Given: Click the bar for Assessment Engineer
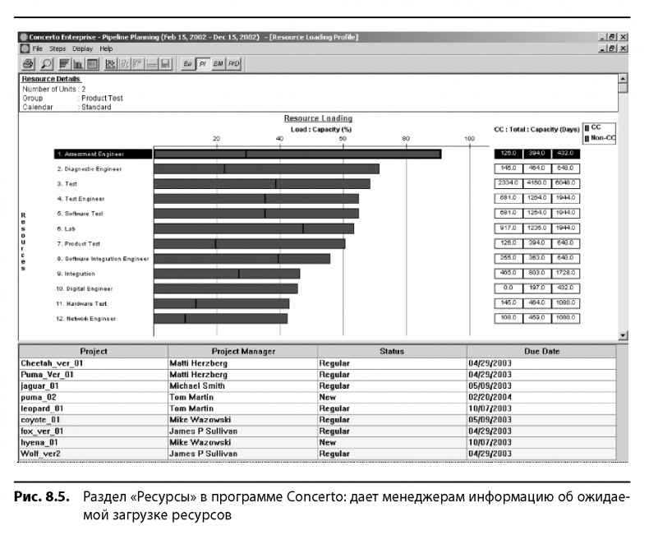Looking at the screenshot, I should click(x=297, y=154).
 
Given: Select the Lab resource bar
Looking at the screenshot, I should click(x=254, y=228).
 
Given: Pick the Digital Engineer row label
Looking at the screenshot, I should click(x=85, y=288).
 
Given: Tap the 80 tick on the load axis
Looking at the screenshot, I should click(x=406, y=138).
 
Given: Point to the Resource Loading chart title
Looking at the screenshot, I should click(x=318, y=118).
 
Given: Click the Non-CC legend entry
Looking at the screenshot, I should click(x=601, y=138).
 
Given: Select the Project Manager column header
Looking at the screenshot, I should click(x=242, y=351).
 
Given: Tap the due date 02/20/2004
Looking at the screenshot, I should click(x=490, y=396).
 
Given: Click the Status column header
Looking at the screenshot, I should click(x=392, y=351).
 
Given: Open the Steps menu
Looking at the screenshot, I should click(x=57, y=49).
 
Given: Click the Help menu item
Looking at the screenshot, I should click(x=106, y=49).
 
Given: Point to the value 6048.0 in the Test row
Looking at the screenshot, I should click(x=565, y=183).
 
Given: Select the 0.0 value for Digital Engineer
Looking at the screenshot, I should click(x=507, y=288).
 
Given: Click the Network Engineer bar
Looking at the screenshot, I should click(x=221, y=319).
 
